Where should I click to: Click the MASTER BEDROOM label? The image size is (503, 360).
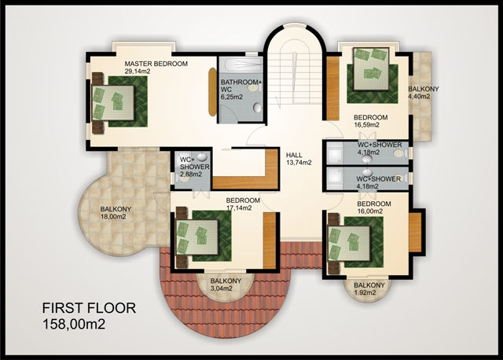tap(156, 64)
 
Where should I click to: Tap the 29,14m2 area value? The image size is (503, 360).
tap(138, 72)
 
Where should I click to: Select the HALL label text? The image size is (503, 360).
tap(294, 155)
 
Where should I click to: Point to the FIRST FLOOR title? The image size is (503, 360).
tap(89, 308)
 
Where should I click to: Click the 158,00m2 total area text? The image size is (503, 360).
tap(74, 325)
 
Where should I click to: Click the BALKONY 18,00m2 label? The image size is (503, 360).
tap(116, 213)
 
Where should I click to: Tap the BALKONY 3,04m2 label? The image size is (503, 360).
tap(226, 285)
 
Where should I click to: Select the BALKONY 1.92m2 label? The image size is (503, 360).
tap(369, 288)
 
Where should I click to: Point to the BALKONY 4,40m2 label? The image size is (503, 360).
tap(424, 93)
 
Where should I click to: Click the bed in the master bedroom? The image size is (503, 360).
tap(113, 103)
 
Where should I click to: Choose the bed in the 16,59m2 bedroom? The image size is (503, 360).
tap(371, 68)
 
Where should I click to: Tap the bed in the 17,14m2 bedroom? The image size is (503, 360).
tap(197, 237)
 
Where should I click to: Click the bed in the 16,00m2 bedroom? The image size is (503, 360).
tap(349, 244)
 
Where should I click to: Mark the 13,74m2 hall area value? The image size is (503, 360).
tap(299, 163)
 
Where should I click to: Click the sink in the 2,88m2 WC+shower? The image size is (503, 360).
tap(201, 157)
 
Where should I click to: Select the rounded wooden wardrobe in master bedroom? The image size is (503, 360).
tap(212, 92)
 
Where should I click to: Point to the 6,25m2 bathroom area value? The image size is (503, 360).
tap(232, 97)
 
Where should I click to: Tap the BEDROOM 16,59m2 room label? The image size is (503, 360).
tap(370, 121)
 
